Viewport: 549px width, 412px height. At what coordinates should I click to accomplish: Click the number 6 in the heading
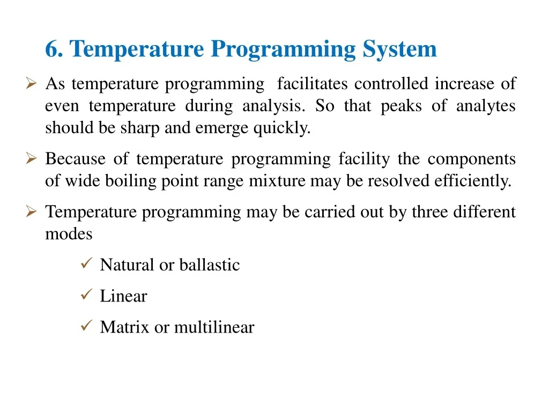pos(51,49)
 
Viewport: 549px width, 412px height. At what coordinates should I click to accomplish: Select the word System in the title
pos(399,49)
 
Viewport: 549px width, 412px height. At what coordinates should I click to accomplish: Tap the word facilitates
pos(313,84)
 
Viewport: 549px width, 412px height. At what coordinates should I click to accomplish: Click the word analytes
pos(486,106)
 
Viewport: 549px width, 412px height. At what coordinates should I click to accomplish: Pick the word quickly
pos(282,128)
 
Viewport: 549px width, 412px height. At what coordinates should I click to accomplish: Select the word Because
pos(75,159)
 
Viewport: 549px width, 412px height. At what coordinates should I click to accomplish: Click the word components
pos(471,159)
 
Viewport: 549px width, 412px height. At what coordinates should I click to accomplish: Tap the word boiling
pos(131,181)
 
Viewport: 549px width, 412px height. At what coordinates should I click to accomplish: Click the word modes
pos(69,234)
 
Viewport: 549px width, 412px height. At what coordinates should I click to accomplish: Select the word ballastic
pos(210,265)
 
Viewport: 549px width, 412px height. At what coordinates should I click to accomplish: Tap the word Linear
pos(124,296)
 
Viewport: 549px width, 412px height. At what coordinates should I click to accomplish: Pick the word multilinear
pos(214,327)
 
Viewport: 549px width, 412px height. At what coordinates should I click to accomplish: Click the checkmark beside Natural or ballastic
pos(86,263)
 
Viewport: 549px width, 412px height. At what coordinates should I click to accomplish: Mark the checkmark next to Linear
pos(86,295)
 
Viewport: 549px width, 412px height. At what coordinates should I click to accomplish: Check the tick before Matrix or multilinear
pos(86,326)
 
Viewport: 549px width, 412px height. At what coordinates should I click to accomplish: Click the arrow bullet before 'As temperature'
pos(31,83)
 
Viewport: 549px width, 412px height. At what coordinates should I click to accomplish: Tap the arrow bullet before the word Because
pos(31,158)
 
